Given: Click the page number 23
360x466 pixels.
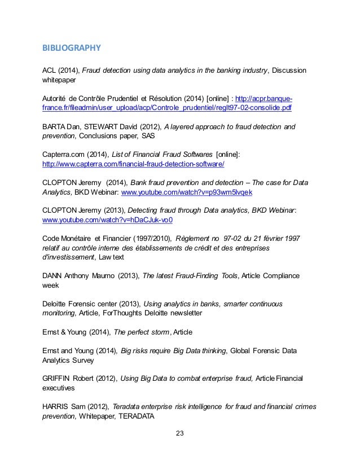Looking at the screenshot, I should (x=180, y=434).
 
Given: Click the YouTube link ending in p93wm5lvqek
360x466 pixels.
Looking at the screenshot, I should (x=187, y=192).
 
